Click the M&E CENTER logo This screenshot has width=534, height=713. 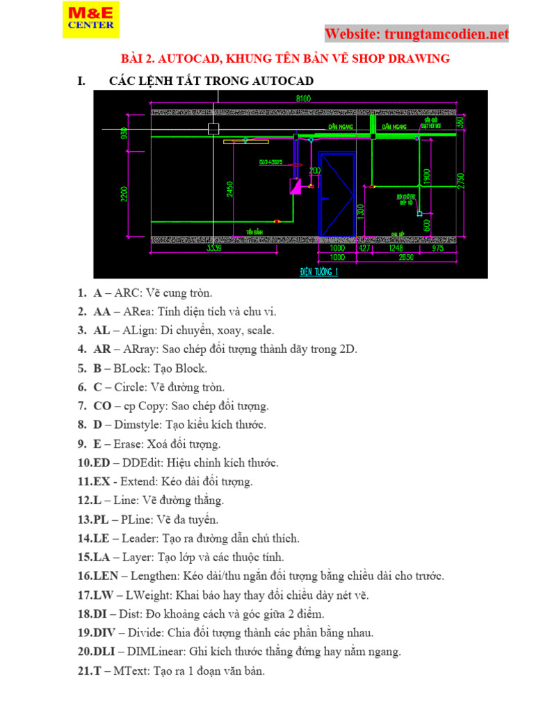90,19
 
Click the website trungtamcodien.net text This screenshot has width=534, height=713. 416,33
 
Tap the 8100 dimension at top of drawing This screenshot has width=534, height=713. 303,98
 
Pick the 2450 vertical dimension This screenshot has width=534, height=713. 228,189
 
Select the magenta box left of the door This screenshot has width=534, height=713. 296,187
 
